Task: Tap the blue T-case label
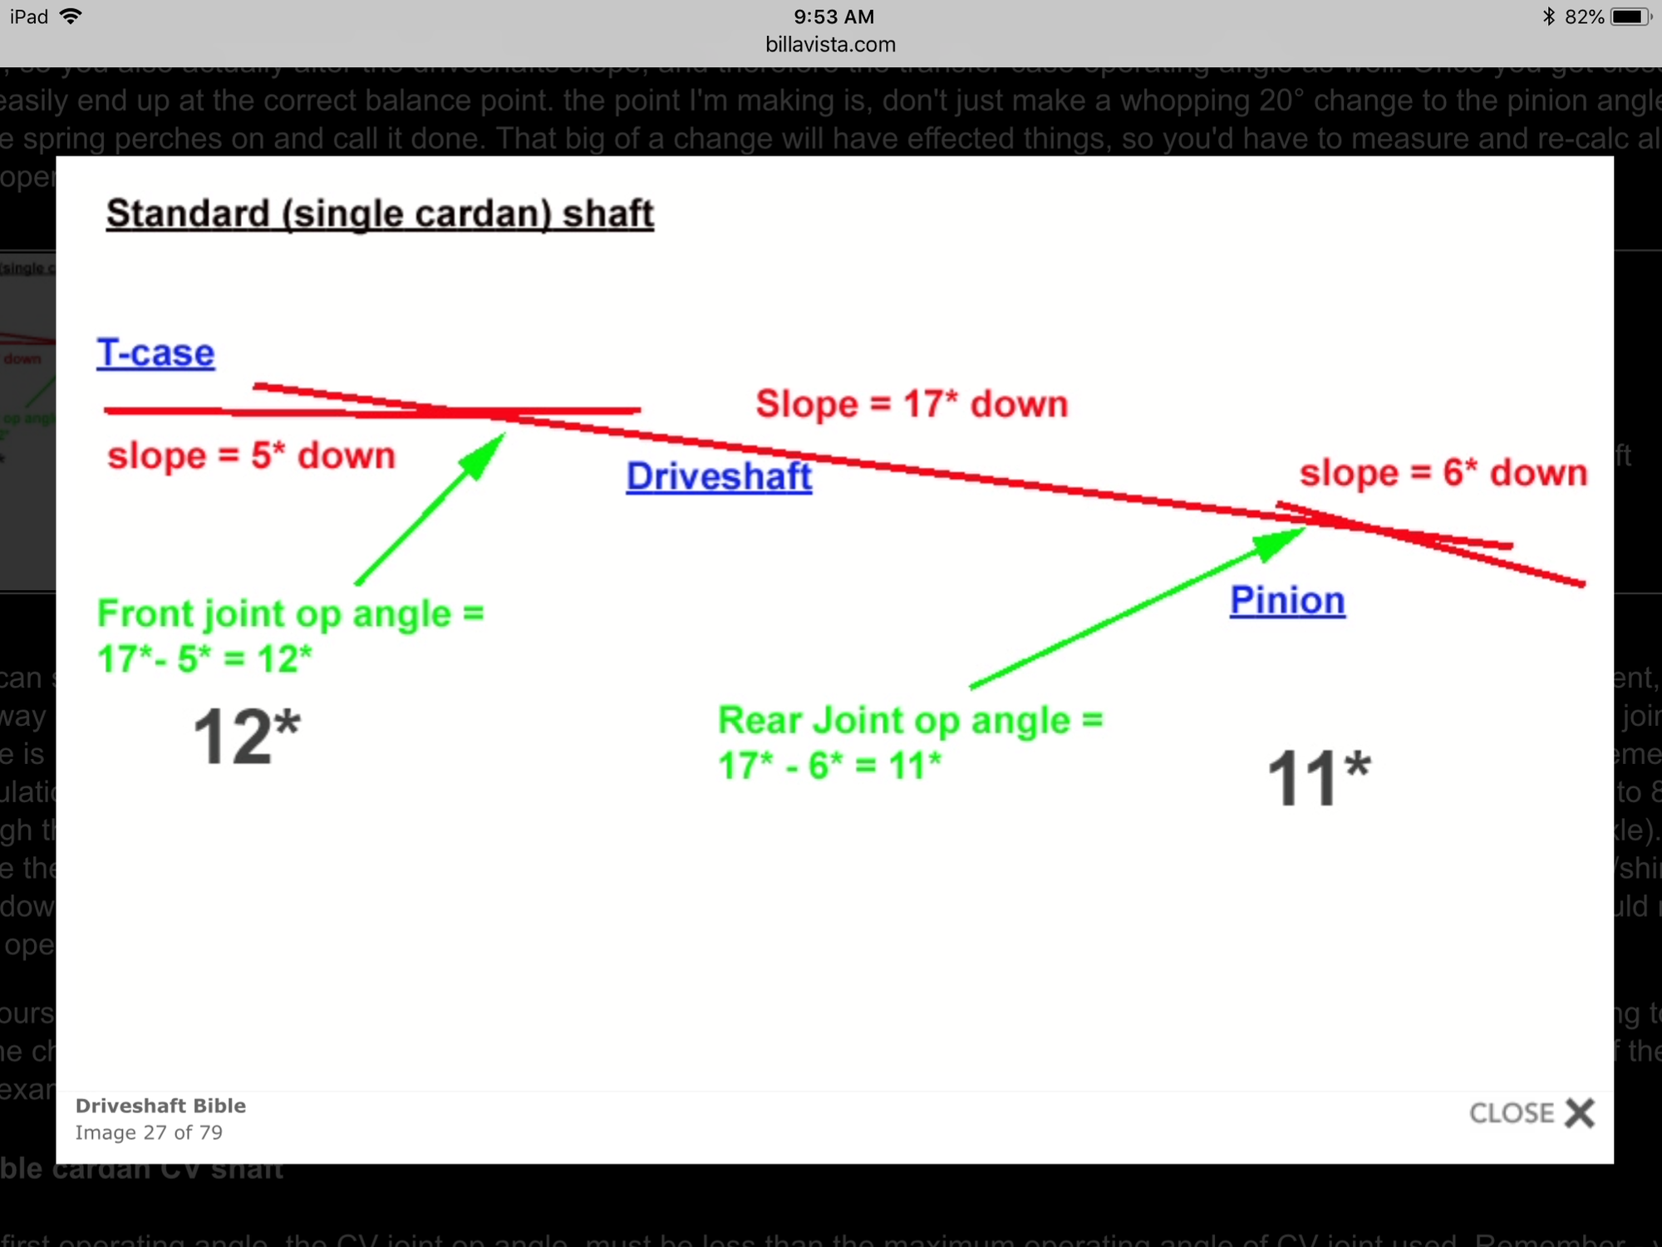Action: [155, 353]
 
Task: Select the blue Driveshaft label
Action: [719, 476]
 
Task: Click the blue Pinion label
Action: [1287, 600]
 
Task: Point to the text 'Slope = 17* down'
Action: [912, 404]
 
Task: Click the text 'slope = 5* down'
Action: [251, 456]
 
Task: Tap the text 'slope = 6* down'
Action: [1443, 473]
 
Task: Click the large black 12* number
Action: [246, 736]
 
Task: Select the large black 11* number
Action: [1319, 777]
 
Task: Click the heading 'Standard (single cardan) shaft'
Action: [380, 214]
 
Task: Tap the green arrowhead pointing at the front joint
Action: [484, 455]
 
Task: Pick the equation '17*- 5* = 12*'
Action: [204, 659]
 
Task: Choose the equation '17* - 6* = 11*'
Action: [829, 765]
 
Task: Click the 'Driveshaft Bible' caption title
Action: [160, 1106]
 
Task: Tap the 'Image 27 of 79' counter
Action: [149, 1132]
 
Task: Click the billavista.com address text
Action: [830, 45]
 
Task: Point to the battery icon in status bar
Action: [1630, 17]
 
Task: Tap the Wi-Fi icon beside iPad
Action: [71, 17]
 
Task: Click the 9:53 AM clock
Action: [833, 17]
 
